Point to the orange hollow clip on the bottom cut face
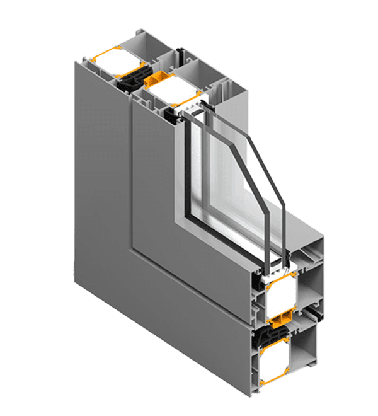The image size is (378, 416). tap(283, 315)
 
